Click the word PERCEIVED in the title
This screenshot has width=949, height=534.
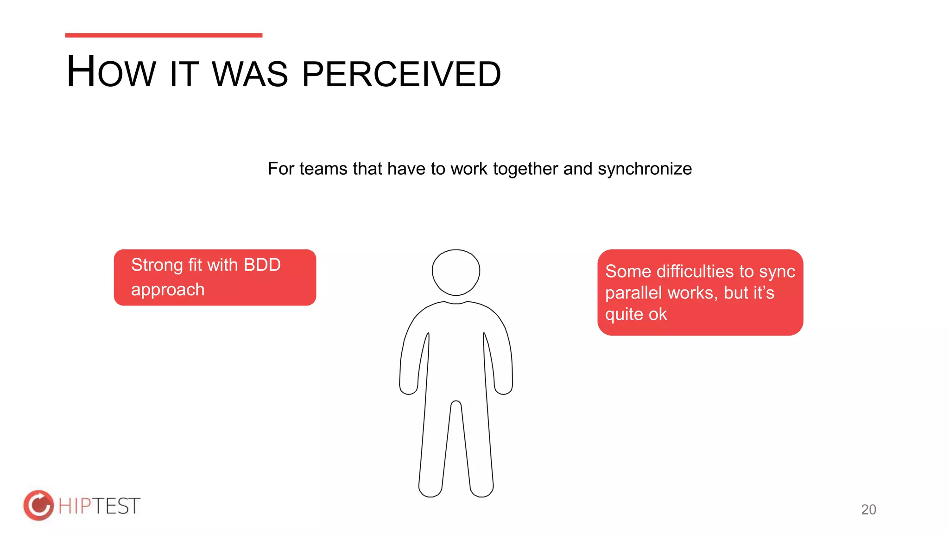401,74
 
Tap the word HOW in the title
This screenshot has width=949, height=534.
111,72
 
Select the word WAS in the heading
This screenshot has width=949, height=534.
250,74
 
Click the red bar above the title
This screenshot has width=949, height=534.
164,35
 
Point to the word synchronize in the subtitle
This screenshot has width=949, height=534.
645,169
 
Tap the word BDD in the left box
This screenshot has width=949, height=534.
262,265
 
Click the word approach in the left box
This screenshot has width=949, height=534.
168,290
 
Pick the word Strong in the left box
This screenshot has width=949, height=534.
157,265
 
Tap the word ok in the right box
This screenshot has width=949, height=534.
658,314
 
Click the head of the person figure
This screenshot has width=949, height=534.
456,272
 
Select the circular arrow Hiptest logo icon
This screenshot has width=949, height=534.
38,505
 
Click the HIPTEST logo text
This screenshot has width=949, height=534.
99,506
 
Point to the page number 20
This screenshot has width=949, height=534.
868,509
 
